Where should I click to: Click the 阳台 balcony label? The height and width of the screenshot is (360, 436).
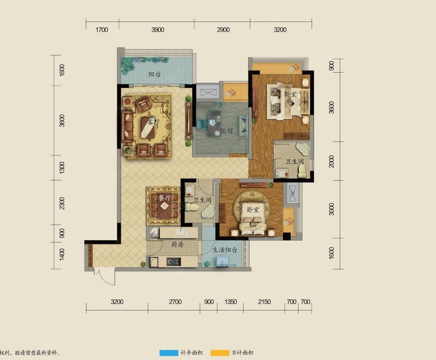click(x=154, y=74)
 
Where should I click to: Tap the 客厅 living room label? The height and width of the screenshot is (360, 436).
click(x=153, y=122)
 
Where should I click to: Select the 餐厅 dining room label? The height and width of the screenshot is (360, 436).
click(x=165, y=198)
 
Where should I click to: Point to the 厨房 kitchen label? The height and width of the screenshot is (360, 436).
click(x=177, y=244)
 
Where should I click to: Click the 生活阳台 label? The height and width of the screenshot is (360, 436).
click(x=225, y=250)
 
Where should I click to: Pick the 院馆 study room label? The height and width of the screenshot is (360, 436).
click(x=227, y=130)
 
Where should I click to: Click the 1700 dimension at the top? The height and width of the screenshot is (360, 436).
click(x=102, y=30)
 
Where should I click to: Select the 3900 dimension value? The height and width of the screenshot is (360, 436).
click(x=158, y=30)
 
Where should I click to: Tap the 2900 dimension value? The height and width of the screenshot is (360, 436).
click(x=223, y=30)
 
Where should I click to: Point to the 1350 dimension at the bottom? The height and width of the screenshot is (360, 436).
click(x=231, y=302)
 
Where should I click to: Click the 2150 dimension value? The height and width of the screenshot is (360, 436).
click(x=264, y=302)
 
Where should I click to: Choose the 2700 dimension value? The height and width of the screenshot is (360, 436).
click(x=175, y=302)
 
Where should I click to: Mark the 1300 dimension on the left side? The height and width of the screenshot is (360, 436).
click(x=62, y=168)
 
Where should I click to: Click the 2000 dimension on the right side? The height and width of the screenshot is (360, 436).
click(x=332, y=161)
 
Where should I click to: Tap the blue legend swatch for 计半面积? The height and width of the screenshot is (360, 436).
click(x=169, y=353)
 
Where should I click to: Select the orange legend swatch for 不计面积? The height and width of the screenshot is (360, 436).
click(x=220, y=353)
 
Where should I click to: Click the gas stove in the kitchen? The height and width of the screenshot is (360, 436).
click(x=174, y=262)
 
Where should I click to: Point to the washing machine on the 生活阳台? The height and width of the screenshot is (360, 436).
click(x=222, y=261)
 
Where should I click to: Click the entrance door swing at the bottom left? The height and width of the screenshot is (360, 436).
click(x=105, y=276)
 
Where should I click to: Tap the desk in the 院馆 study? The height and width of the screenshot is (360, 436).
click(x=214, y=123)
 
